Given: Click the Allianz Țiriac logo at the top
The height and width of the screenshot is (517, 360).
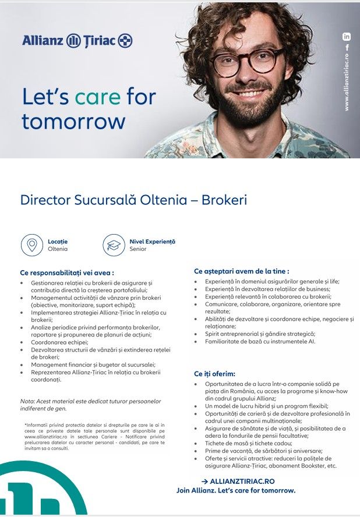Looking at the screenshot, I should pyautogui.click(x=77, y=41).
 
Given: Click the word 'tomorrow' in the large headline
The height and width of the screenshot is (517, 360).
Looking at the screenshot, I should pyautogui.click(x=73, y=121).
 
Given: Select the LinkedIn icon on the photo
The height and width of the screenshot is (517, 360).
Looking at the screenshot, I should pyautogui.click(x=347, y=37).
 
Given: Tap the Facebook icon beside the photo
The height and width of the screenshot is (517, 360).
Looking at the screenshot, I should pyautogui.click(x=347, y=47).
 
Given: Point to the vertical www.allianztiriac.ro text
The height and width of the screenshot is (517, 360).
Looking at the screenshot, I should pyautogui.click(x=347, y=82).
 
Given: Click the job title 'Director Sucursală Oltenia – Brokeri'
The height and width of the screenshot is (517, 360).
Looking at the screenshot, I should pyautogui.click(x=133, y=200).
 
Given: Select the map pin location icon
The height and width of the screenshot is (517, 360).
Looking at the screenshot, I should pyautogui.click(x=31, y=245).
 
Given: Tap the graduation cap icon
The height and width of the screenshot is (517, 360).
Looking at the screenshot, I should pyautogui.click(x=114, y=245).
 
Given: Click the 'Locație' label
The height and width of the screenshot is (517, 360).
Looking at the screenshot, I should pyautogui.click(x=58, y=241).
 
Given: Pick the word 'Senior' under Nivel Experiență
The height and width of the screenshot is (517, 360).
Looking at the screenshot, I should pyautogui.click(x=138, y=249).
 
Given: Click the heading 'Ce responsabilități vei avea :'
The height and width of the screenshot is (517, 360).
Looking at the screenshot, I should pyautogui.click(x=67, y=272).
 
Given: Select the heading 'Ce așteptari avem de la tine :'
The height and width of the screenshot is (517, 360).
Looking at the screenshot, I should pyautogui.click(x=241, y=271).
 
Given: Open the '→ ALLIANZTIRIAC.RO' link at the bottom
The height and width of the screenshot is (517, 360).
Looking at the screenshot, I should pyautogui.click(x=238, y=481).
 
